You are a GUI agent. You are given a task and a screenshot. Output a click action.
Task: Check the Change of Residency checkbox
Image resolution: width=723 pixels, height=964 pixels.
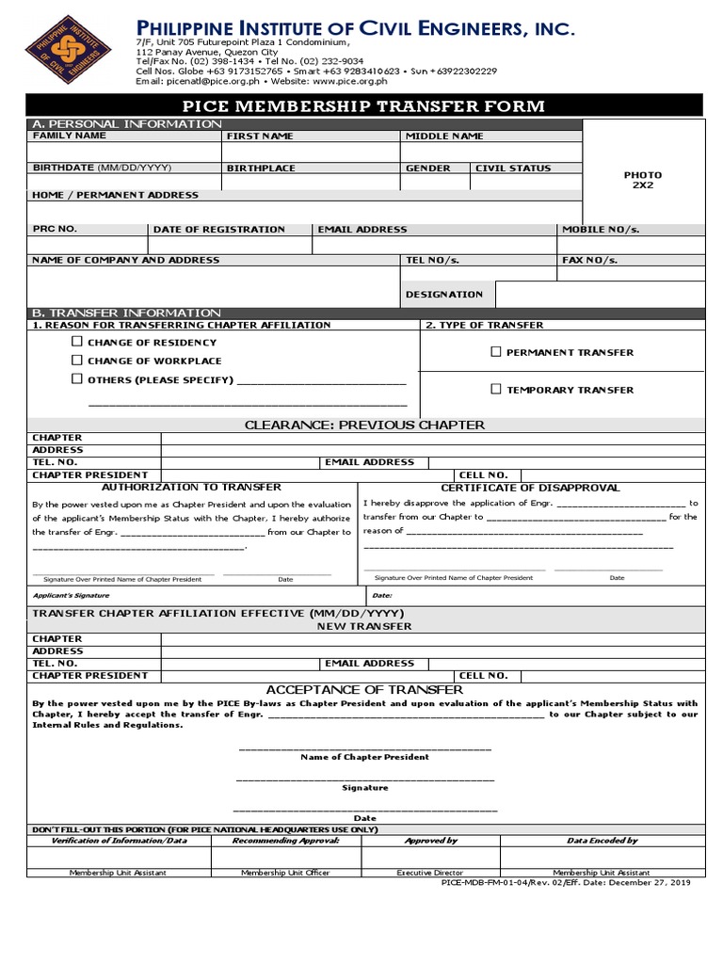77,343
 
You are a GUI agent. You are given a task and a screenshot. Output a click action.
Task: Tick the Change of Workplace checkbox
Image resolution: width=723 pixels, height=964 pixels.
77,361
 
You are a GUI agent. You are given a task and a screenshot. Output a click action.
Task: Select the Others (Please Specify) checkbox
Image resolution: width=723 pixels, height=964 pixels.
77,379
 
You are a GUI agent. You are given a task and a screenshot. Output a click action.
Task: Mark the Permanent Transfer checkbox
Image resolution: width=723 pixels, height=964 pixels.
495,352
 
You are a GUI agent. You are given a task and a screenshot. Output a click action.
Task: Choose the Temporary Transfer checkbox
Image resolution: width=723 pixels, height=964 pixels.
495,389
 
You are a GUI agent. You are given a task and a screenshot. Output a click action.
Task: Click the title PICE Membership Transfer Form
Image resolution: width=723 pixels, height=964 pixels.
363,106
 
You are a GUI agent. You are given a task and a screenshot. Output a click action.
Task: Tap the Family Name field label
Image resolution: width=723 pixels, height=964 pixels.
70,137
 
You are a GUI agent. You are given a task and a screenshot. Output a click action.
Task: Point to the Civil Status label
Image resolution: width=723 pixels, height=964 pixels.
513,169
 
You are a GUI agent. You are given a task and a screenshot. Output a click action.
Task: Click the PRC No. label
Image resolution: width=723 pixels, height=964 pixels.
55,230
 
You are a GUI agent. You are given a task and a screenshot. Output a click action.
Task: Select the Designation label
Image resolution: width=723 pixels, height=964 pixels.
443,295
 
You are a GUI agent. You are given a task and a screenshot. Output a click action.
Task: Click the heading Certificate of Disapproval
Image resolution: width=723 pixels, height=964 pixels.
530,488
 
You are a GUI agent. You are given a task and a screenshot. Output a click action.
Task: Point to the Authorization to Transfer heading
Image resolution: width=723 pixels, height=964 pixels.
191,488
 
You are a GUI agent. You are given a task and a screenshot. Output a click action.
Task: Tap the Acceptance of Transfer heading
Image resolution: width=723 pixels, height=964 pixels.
364,690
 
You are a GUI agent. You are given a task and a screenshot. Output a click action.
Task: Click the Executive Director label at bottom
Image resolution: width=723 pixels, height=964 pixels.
430,873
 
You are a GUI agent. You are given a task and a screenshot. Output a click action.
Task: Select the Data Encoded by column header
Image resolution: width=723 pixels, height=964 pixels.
602,841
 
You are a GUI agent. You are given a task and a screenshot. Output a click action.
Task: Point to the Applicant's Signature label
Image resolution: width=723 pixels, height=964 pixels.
71,596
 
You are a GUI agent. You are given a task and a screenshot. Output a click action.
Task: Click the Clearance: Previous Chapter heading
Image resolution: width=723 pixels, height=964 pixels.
364,425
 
